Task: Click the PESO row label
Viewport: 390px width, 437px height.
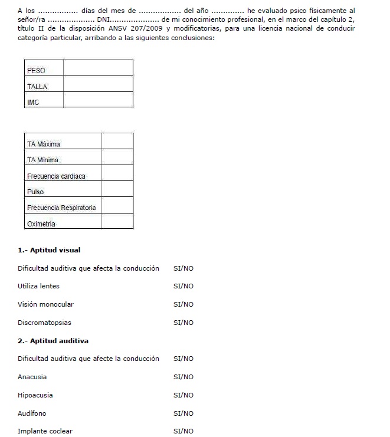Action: click(36, 71)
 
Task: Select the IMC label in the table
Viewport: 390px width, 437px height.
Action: click(33, 103)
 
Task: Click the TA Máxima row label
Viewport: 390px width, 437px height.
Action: click(44, 144)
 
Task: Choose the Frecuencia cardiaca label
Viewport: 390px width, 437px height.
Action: click(56, 176)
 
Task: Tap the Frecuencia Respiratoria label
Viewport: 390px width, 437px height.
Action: click(61, 208)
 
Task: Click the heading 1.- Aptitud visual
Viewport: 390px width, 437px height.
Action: click(49, 250)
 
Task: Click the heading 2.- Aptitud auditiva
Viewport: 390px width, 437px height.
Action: click(53, 341)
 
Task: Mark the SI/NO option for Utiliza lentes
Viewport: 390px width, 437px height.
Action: click(183, 286)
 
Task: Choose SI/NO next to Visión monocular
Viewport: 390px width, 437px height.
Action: click(183, 304)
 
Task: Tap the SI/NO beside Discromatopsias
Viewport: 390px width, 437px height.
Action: click(183, 323)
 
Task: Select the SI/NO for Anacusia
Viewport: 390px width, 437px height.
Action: click(183, 377)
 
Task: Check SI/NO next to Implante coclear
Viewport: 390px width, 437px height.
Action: click(183, 431)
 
